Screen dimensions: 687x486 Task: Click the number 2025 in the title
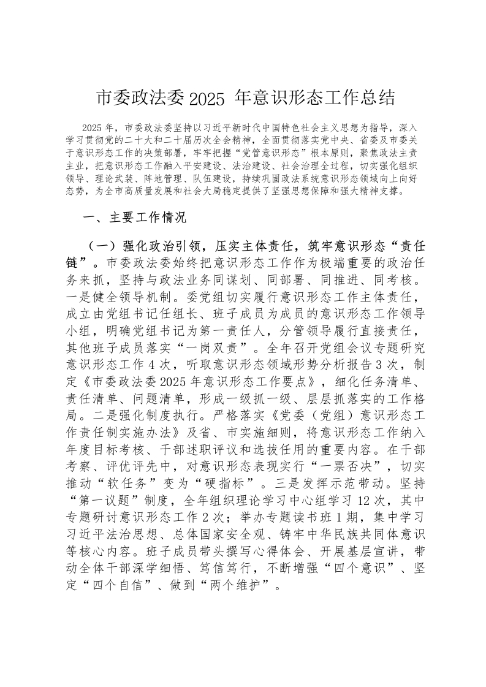coord(208,98)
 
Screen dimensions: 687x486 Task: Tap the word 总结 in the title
coord(376,98)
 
